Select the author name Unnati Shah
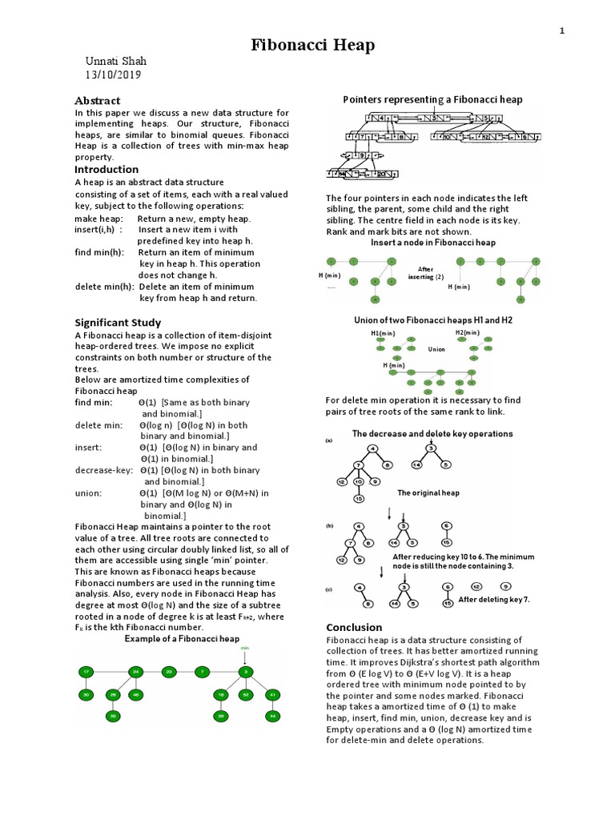pyautogui.click(x=116, y=62)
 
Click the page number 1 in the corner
pyautogui.click(x=562, y=30)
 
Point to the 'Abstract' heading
pyautogui.click(x=97, y=100)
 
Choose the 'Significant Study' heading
pyautogui.click(x=118, y=322)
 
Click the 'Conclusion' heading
pyautogui.click(x=354, y=627)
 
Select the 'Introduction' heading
pyautogui.click(x=107, y=170)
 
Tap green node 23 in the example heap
pyautogui.click(x=168, y=671)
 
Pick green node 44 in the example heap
pyautogui.click(x=274, y=714)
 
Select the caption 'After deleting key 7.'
pyautogui.click(x=494, y=599)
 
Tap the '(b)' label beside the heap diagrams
pyautogui.click(x=329, y=526)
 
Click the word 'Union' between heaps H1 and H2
pyautogui.click(x=436, y=349)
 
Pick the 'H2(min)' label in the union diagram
pyautogui.click(x=467, y=332)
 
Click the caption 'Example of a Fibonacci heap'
pyautogui.click(x=182, y=639)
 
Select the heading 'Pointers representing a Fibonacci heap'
pyautogui.click(x=432, y=100)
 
